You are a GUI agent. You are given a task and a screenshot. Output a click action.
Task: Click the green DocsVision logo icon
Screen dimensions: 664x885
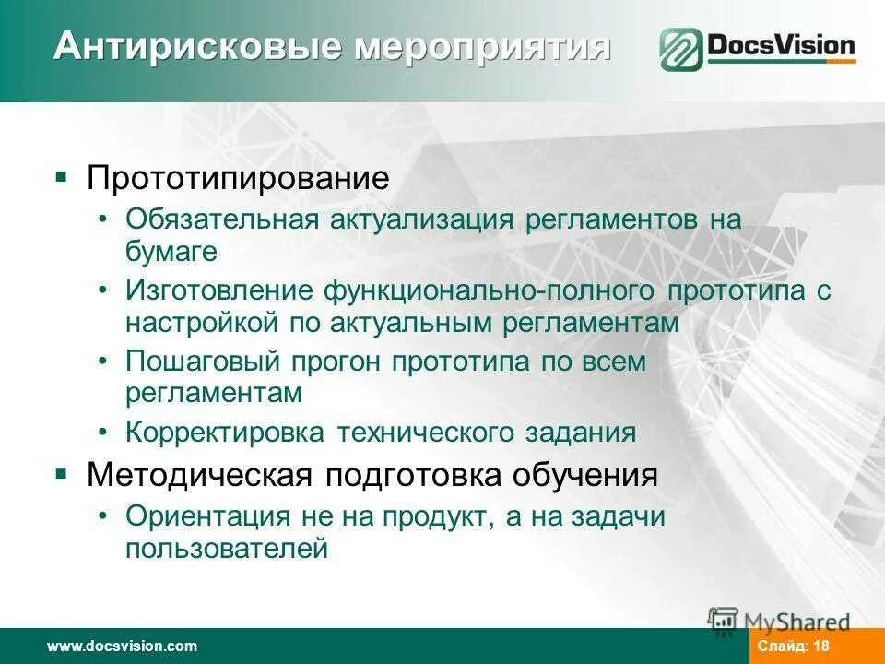(680, 50)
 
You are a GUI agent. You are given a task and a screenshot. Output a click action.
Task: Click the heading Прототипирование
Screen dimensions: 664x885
(238, 178)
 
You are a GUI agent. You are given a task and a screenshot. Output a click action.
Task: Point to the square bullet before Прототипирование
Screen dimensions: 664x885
(61, 176)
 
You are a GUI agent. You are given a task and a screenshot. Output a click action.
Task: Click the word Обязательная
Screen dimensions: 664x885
(222, 220)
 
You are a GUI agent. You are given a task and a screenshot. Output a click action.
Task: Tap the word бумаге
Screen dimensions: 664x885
(171, 251)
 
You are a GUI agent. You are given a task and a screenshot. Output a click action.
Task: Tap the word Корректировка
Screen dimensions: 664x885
(227, 433)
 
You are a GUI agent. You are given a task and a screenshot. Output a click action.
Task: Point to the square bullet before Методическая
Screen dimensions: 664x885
(61, 474)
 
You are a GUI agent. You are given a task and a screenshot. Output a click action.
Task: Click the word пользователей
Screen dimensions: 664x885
(227, 549)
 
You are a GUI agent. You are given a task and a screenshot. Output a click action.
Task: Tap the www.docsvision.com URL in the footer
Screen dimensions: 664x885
(122, 646)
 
